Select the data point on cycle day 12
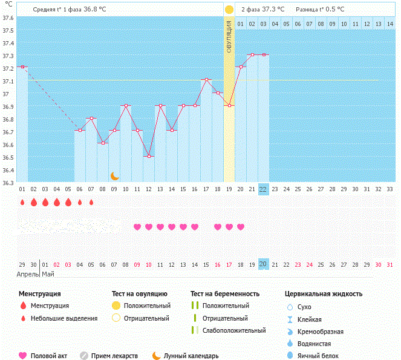[x=149, y=156]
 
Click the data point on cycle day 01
[x=22, y=67]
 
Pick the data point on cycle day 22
[x=264, y=54]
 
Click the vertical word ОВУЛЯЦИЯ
[x=229, y=36]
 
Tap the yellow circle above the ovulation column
[x=229, y=10]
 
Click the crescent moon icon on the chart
[x=114, y=175]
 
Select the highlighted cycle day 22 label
[x=263, y=189]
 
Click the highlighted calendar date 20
[x=263, y=264]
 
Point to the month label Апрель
[x=28, y=274]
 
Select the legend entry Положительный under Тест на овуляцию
[x=147, y=306]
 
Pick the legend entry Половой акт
[x=48, y=356]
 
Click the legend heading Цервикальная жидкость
[x=324, y=293]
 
